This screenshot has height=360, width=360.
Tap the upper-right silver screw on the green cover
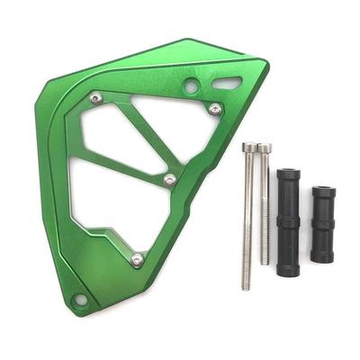point(215,109)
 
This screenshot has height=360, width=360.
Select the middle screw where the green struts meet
point(170,180)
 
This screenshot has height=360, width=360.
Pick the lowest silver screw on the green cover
point(137,260)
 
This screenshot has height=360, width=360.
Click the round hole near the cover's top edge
point(191,86)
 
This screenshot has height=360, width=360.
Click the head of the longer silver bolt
point(249,147)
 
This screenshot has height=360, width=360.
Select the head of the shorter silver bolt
point(264,147)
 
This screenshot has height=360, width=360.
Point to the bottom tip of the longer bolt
point(247,286)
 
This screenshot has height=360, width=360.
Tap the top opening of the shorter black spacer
point(322,191)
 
